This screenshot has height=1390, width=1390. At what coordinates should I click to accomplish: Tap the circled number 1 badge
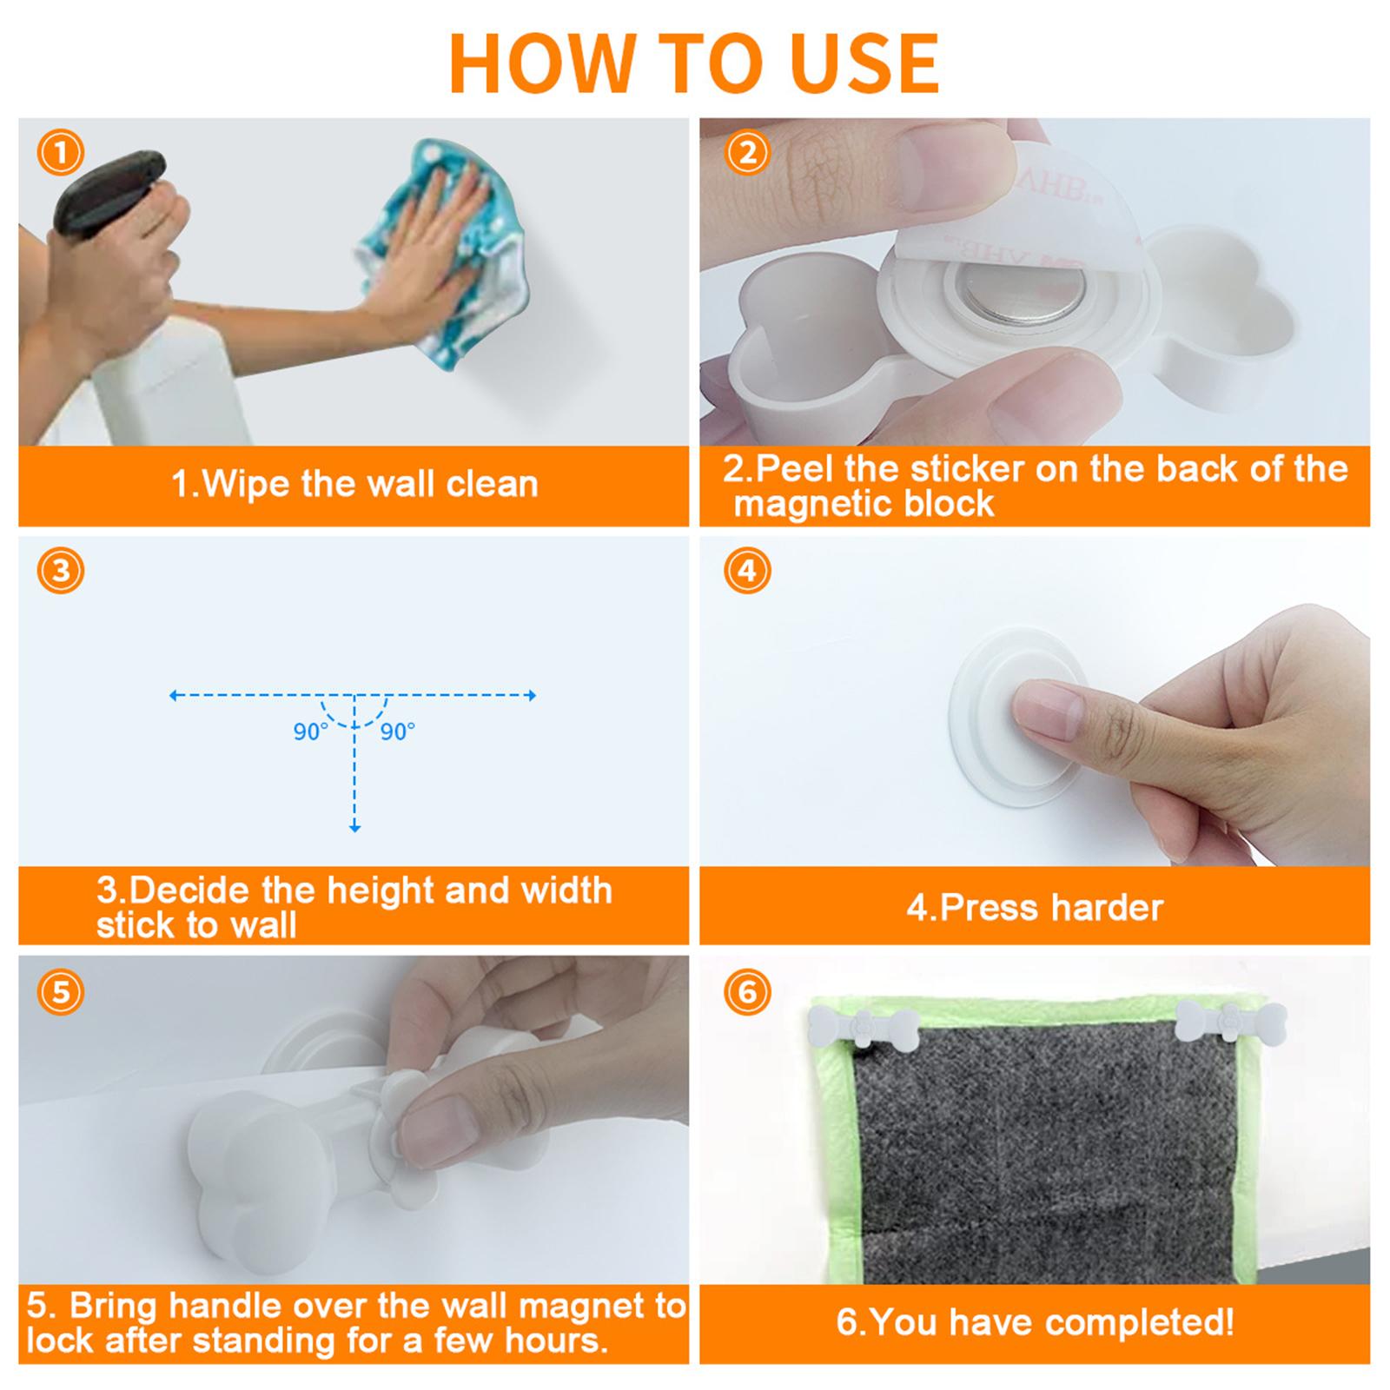pos(61,153)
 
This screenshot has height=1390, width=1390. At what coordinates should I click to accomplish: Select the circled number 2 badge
pos(747,153)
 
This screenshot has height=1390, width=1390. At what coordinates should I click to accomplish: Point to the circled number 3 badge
pos(61,571)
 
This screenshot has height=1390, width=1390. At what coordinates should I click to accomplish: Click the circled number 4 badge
pos(747,571)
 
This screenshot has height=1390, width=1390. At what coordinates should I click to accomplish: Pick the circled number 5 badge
pos(61,991)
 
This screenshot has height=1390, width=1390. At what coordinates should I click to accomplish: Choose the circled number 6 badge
pos(747,991)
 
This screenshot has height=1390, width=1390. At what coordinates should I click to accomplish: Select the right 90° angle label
pos(397,732)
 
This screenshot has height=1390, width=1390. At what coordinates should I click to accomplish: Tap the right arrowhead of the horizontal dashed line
pos(532,695)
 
